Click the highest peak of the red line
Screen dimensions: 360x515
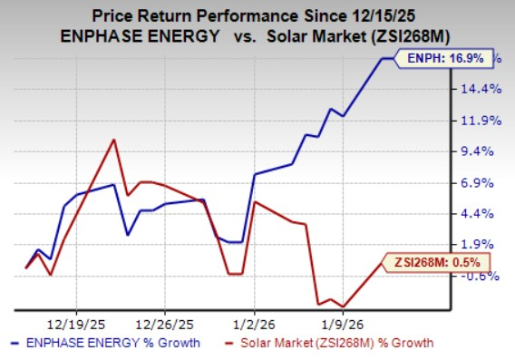[113, 140]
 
